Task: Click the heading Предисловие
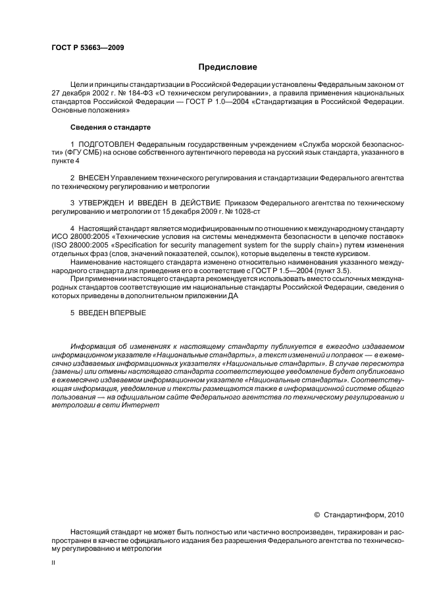(227, 67)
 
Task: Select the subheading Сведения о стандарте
(111, 126)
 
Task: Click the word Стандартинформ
(355, 515)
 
